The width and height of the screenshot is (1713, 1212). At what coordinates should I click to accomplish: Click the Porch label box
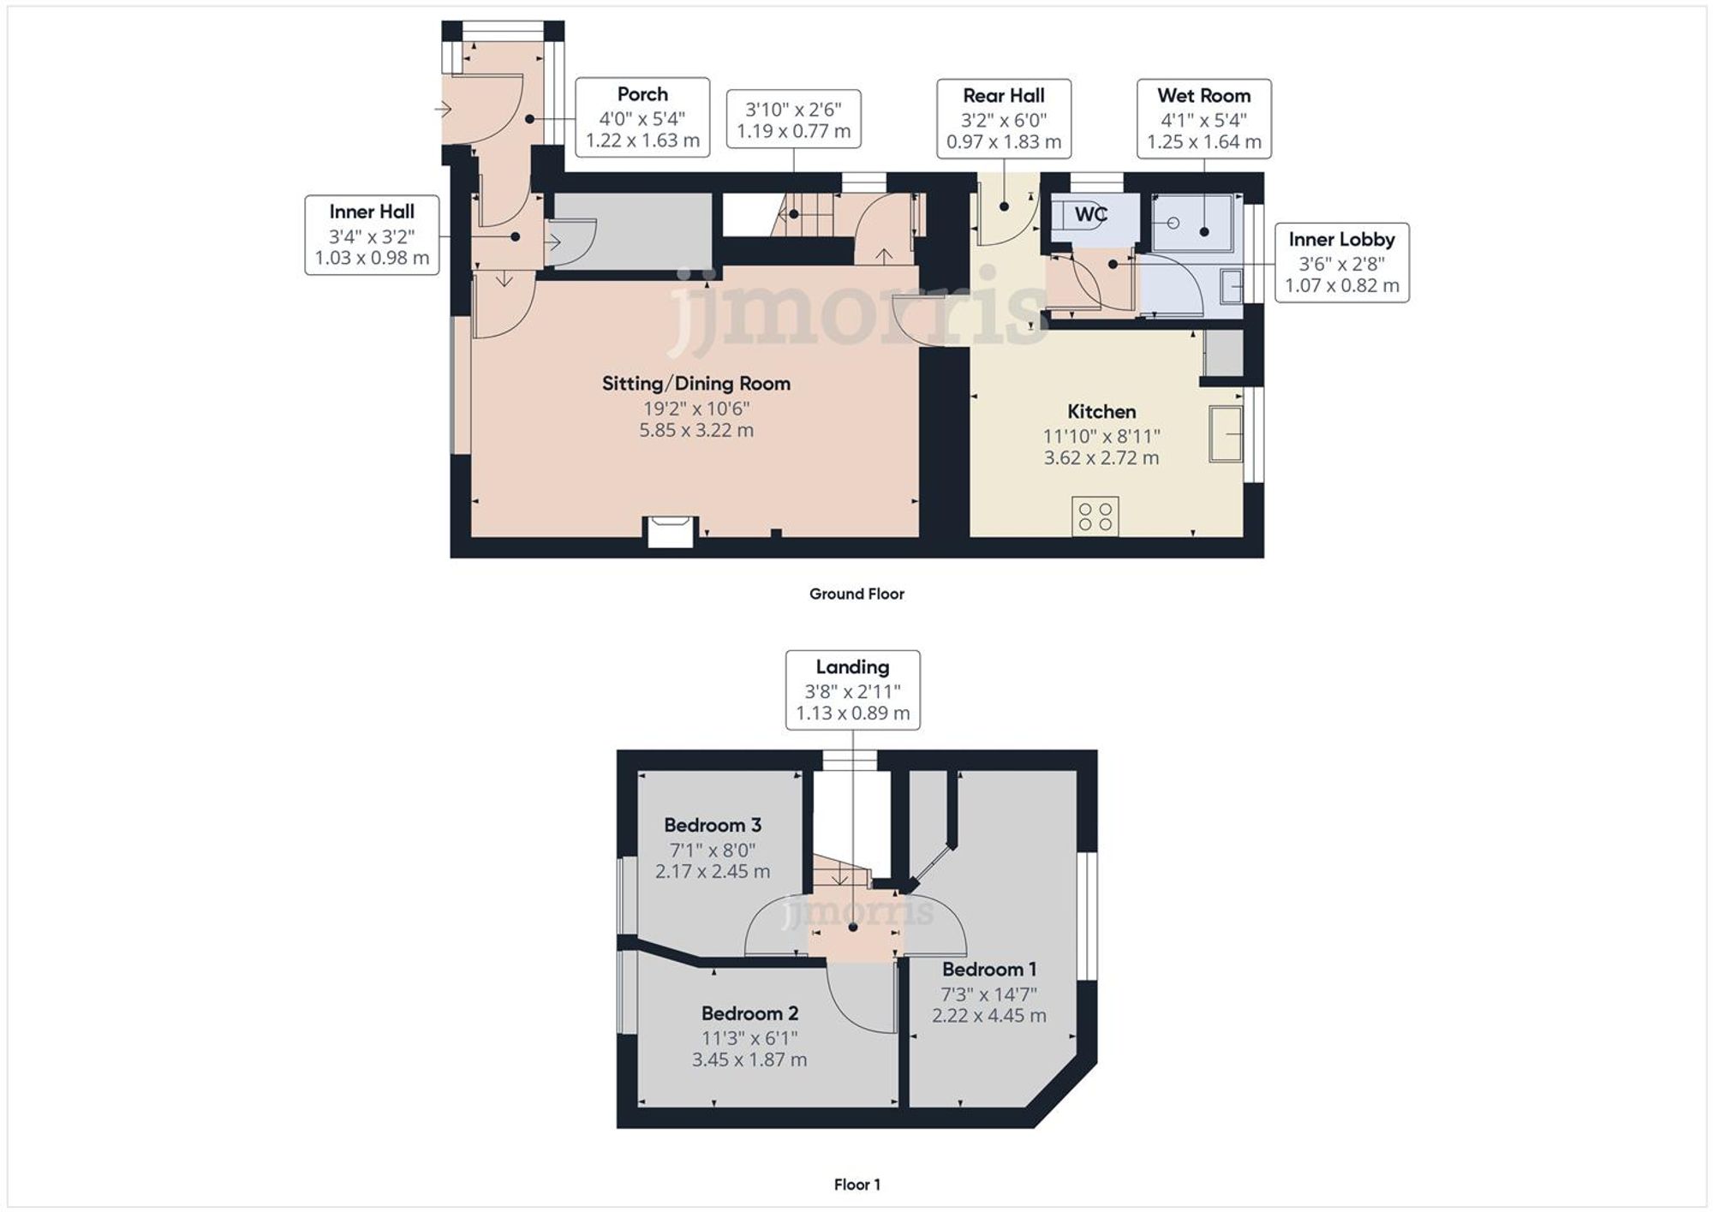642,117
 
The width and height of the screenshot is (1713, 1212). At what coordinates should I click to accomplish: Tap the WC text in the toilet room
1090,214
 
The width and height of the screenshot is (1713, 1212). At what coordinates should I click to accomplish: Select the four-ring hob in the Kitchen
1095,516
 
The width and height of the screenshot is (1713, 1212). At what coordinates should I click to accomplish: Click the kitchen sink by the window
1226,435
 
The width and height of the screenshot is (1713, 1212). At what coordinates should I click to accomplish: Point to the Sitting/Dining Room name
695,384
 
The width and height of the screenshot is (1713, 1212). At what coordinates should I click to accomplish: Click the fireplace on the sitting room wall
670,530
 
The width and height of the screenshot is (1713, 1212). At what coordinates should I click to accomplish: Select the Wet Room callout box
1203,119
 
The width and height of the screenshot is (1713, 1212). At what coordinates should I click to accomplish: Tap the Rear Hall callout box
1003,119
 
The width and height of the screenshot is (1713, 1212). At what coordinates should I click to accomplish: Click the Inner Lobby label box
1341,263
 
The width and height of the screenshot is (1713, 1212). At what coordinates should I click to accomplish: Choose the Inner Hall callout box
372,235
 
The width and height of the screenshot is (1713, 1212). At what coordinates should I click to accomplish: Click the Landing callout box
852,690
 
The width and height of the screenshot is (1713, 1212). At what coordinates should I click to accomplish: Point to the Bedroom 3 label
713,826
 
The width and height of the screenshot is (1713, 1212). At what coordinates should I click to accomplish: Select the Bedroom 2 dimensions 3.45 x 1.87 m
749,1060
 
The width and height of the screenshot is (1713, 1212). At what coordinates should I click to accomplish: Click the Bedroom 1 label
989,970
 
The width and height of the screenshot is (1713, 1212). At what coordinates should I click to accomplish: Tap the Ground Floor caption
856,594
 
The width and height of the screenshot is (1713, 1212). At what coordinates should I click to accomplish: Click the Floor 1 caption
856,1185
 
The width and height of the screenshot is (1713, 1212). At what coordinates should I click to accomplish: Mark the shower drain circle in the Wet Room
1173,223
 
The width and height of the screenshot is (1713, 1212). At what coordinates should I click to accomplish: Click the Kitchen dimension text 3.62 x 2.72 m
1101,458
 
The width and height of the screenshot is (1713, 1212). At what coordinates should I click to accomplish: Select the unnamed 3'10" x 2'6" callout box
793,120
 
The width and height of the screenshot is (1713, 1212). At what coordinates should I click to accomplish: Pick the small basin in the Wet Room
1232,286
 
